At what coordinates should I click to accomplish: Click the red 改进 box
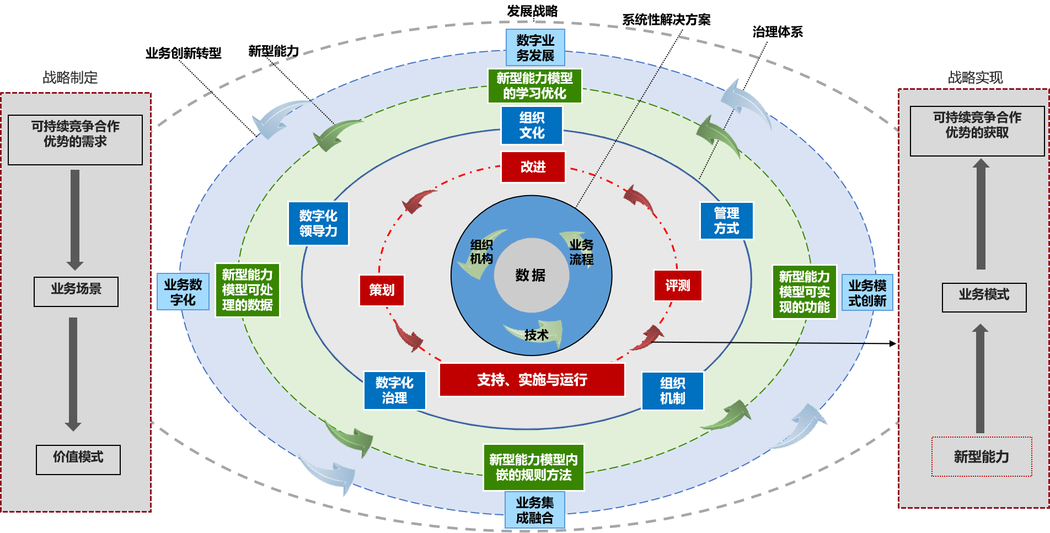click(x=533, y=166)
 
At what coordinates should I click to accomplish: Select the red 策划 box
click(x=382, y=290)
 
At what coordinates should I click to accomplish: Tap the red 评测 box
click(x=678, y=286)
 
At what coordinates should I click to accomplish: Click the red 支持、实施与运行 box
click(x=532, y=380)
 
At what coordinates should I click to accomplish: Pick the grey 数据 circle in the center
click(x=531, y=275)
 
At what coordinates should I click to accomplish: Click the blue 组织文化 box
click(x=532, y=125)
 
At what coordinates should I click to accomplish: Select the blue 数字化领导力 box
click(x=318, y=223)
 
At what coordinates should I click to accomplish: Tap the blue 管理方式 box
click(x=726, y=221)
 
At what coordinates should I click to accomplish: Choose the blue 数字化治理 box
click(x=394, y=390)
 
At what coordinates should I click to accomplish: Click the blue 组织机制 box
click(x=672, y=391)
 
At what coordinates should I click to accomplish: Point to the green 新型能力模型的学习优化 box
click(x=534, y=86)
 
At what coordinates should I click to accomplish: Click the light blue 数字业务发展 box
click(x=535, y=48)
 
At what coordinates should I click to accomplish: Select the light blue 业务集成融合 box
click(x=534, y=510)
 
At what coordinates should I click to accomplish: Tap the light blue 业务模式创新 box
click(x=867, y=293)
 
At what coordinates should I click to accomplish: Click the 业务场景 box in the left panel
click(x=76, y=292)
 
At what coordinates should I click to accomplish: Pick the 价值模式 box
click(x=78, y=460)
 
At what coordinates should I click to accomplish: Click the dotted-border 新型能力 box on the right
click(x=982, y=456)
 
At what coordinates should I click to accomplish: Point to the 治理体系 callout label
click(x=778, y=32)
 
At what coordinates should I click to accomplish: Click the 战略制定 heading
click(x=70, y=78)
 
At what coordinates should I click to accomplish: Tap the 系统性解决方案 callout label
click(x=666, y=20)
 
